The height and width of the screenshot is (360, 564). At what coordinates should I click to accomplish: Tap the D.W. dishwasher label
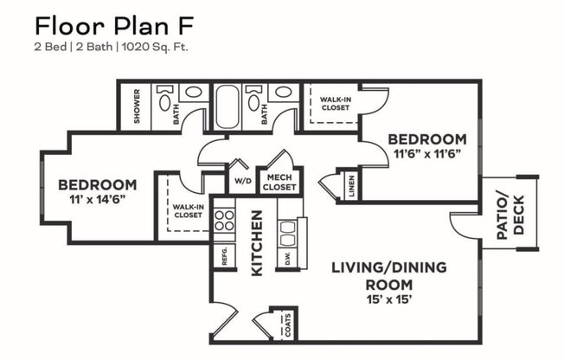pyautogui.click(x=286, y=257)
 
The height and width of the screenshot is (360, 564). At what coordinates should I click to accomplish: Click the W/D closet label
pyautogui.click(x=243, y=183)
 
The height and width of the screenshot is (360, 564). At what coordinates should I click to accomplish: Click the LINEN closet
pyautogui.click(x=351, y=185)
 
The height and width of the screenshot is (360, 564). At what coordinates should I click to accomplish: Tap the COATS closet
pyautogui.click(x=286, y=325)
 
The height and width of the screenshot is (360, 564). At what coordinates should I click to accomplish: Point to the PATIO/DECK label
pyautogui.click(x=510, y=212)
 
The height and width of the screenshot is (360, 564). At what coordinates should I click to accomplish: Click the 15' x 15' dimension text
pyautogui.click(x=388, y=300)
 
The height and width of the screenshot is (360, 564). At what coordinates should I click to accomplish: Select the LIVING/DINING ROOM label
pyautogui.click(x=389, y=275)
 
